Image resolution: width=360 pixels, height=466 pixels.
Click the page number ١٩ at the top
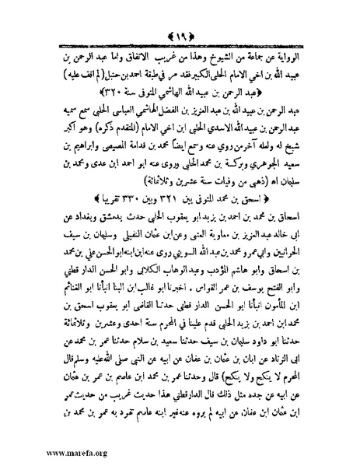tap(180, 17)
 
